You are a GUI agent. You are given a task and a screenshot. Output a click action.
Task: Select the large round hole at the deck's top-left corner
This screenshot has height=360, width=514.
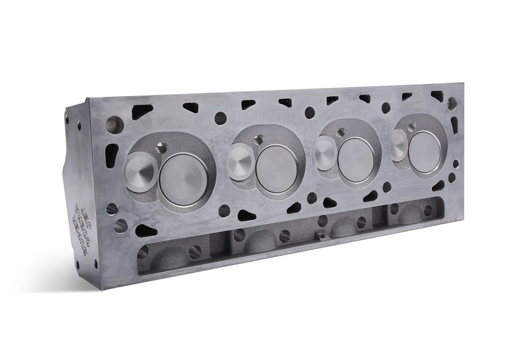115,123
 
